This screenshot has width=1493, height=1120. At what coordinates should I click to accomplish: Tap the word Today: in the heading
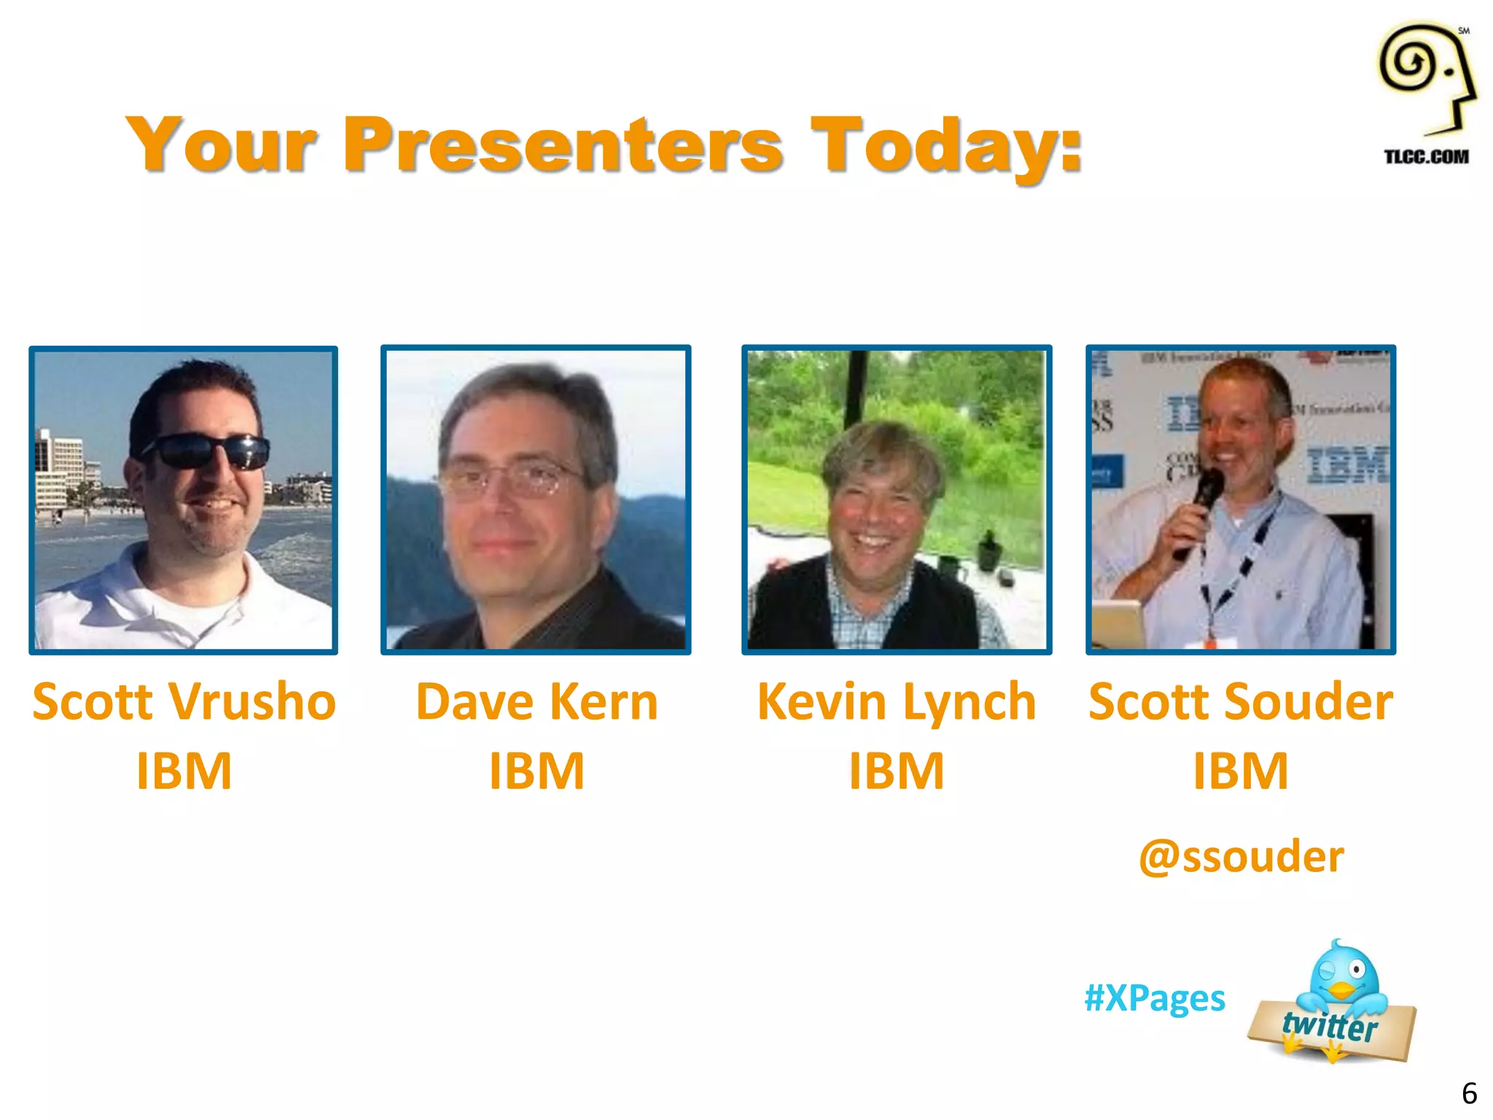tap(946, 146)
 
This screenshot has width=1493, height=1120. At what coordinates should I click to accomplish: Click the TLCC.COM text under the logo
tap(1426, 157)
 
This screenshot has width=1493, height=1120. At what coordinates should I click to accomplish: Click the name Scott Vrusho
tap(184, 701)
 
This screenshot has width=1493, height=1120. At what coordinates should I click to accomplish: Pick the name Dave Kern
tap(537, 701)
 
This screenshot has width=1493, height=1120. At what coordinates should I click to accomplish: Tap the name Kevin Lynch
tap(896, 701)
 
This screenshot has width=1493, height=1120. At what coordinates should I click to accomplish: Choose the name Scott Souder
tap(1241, 701)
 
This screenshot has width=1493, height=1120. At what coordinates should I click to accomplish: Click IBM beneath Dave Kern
tap(537, 771)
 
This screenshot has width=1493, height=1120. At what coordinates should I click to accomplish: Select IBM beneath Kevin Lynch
tap(896, 771)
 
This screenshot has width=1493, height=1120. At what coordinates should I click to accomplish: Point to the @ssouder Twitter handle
tap(1241, 856)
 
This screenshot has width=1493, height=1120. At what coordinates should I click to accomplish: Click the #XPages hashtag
tap(1155, 997)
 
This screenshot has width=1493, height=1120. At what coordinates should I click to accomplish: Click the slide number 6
tap(1469, 1093)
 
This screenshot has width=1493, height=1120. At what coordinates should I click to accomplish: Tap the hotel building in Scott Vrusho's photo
tap(60, 467)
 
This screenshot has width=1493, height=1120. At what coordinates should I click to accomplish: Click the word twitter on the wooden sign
tap(1330, 1026)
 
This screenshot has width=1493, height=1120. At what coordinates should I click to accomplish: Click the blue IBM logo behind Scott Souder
tap(1347, 464)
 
